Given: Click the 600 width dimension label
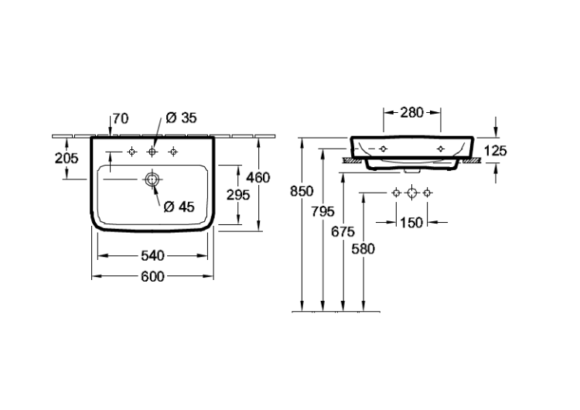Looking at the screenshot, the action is tap(152, 276).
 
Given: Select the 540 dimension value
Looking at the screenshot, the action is tap(152, 256).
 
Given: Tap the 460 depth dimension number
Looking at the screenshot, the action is tap(258, 178).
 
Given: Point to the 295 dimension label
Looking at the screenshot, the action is tap(238, 195).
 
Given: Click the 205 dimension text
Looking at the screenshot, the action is tap(67, 159).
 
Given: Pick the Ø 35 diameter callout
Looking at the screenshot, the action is tap(181, 118).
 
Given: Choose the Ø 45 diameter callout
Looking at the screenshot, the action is tap(179, 207).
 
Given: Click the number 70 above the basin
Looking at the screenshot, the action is tap(121, 118).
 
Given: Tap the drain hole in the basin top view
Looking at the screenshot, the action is tap(152, 179).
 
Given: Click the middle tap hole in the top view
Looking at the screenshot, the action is tap(152, 152).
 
